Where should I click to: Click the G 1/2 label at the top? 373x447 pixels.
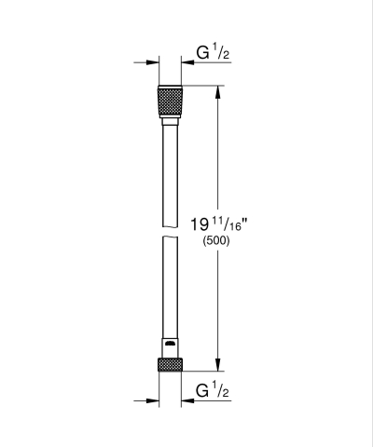[213, 53]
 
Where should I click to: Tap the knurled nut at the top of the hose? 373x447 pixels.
[171, 101]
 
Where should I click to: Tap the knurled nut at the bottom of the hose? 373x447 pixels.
[171, 364]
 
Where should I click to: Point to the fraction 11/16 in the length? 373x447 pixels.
[228, 222]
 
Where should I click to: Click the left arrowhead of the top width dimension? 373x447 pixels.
[152, 62]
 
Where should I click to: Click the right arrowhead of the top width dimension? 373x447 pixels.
[189, 62]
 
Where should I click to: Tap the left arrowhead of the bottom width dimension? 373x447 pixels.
[152, 401]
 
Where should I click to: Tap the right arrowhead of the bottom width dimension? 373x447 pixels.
[189, 401]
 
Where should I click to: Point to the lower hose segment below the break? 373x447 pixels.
[171, 289]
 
